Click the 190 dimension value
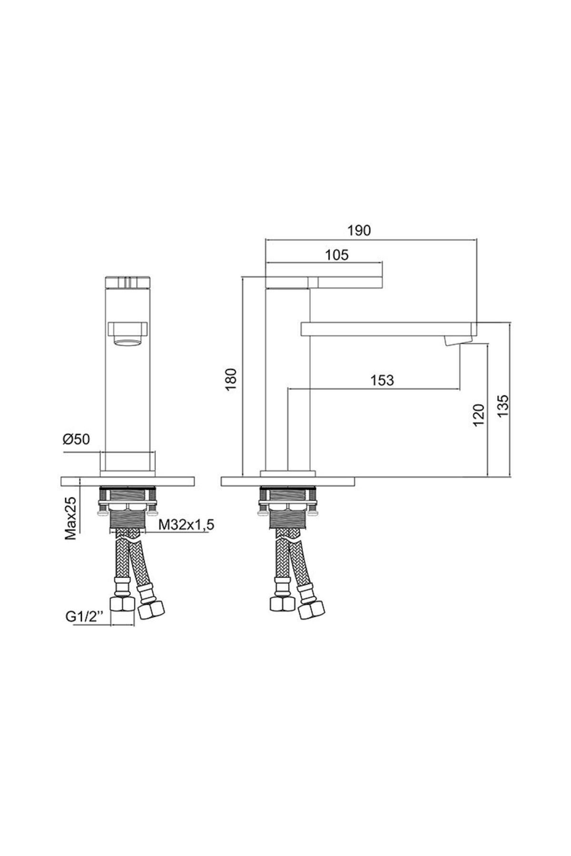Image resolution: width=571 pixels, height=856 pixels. [x=359, y=230]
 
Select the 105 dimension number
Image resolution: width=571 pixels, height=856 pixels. [x=337, y=255]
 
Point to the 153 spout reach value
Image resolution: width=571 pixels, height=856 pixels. [x=382, y=380]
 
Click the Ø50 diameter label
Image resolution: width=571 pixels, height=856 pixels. [x=76, y=439]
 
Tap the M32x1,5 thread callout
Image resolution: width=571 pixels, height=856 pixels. [x=187, y=525]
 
